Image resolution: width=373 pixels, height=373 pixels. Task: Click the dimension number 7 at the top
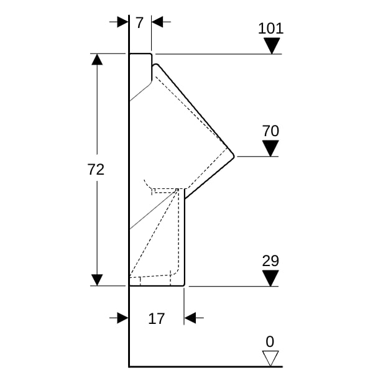[x=139, y=23]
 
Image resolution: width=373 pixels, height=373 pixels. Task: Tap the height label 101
[x=271, y=29]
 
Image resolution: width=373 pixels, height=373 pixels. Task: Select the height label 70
[x=270, y=131]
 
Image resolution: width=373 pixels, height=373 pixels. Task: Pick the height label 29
[x=270, y=261]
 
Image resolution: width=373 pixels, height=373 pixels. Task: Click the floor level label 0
[x=270, y=341]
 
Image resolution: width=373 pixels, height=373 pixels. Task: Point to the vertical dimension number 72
[x=96, y=170]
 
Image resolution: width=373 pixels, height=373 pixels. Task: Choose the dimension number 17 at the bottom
[x=157, y=319]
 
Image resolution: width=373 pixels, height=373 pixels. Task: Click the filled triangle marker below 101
[x=271, y=46]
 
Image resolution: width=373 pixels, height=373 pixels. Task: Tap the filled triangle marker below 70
[x=270, y=149]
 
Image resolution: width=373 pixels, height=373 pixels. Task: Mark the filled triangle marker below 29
[x=270, y=279]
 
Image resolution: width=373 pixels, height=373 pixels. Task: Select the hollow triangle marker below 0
[x=270, y=358]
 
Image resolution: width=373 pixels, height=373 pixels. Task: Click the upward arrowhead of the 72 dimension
[x=97, y=60]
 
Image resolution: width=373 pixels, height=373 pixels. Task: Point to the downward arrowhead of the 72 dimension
[x=97, y=280]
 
